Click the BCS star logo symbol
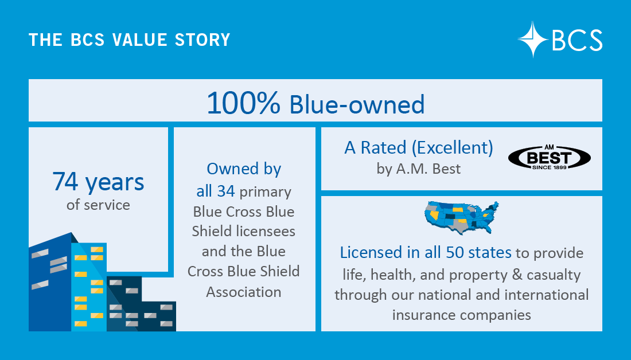[533, 39]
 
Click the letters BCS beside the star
[577, 40]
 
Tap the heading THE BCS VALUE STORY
[129, 40]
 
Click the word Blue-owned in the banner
[357, 104]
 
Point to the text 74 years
[98, 182]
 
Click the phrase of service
[98, 205]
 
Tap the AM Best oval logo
[550, 156]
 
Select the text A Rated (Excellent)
[418, 148]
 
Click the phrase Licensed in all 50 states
[426, 252]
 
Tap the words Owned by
[244, 169]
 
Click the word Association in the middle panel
[244, 292]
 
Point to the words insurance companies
[461, 315]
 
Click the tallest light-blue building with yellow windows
[89, 287]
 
